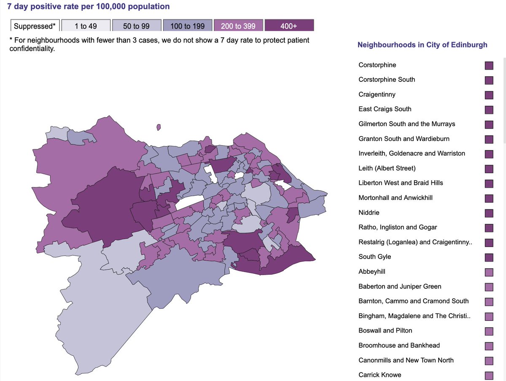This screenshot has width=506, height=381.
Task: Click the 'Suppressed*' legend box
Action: pos(35,26)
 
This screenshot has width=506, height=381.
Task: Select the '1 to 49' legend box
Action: pos(86,26)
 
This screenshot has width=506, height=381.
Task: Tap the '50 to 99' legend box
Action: pos(136,26)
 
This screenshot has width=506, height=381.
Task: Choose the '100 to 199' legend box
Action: pos(187,26)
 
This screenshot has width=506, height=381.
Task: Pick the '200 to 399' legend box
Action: pos(238,26)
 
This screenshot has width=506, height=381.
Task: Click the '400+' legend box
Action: pos(289,26)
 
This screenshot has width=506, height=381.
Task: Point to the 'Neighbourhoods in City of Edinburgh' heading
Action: pos(422,45)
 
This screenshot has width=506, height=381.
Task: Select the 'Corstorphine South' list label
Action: pos(387,80)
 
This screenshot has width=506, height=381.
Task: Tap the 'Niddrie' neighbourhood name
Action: pos(369,213)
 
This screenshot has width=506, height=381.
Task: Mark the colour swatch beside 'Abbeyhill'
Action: pos(489,272)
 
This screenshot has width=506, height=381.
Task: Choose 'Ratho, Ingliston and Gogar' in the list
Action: pos(398,227)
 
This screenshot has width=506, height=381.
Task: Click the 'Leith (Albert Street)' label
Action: pos(387,168)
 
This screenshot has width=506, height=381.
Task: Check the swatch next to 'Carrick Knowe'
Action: pos(489,376)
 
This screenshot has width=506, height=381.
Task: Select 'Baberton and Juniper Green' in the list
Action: pos(400,286)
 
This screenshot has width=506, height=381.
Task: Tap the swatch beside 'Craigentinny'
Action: pos(489,95)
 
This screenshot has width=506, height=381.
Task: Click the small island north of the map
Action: pos(159,127)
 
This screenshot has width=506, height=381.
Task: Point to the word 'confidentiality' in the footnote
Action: pos(32,49)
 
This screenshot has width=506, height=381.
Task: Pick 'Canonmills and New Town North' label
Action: pos(406,360)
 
